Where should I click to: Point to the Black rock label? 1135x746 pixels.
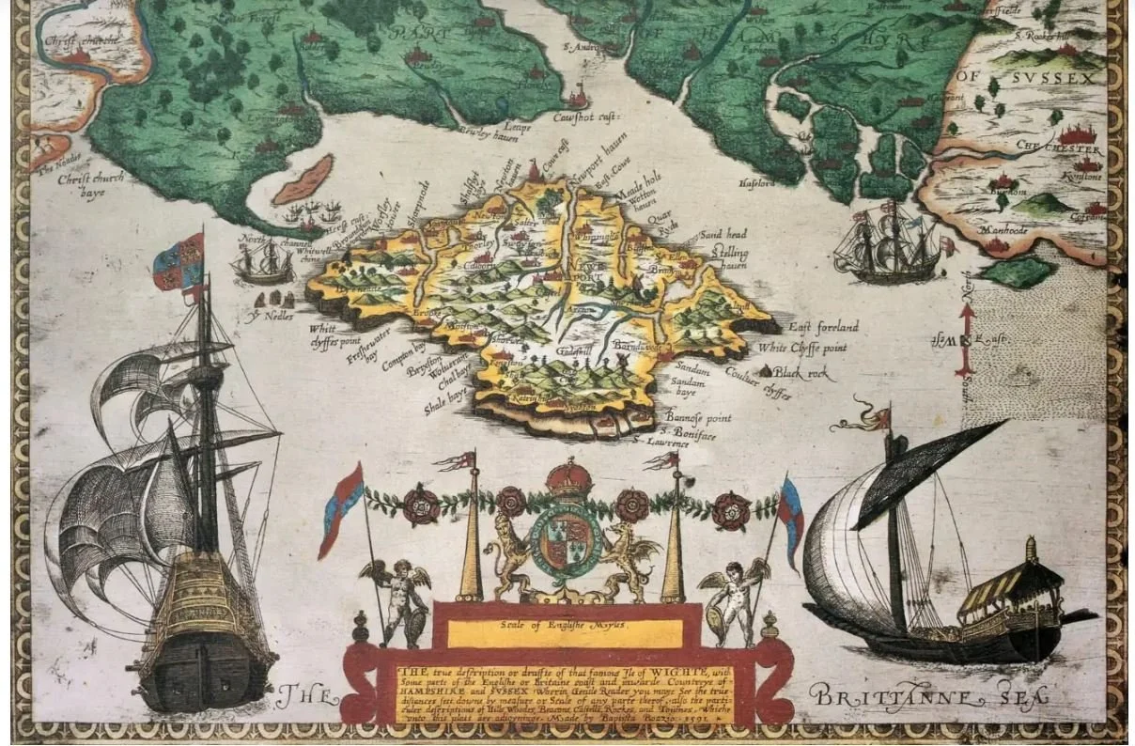click(801, 373)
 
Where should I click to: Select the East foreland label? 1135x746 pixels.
click(823, 327)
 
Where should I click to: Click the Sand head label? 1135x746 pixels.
click(723, 234)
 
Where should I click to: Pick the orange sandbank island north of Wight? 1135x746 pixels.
click(303, 179)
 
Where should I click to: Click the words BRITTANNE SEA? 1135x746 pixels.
click(929, 697)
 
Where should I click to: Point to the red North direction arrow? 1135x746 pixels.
click(965, 338)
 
